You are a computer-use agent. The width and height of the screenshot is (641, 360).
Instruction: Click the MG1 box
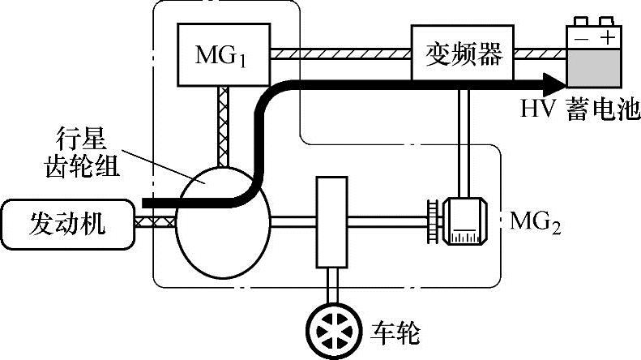click(x=220, y=55)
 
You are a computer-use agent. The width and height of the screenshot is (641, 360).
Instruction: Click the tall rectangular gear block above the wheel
click(x=332, y=221)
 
